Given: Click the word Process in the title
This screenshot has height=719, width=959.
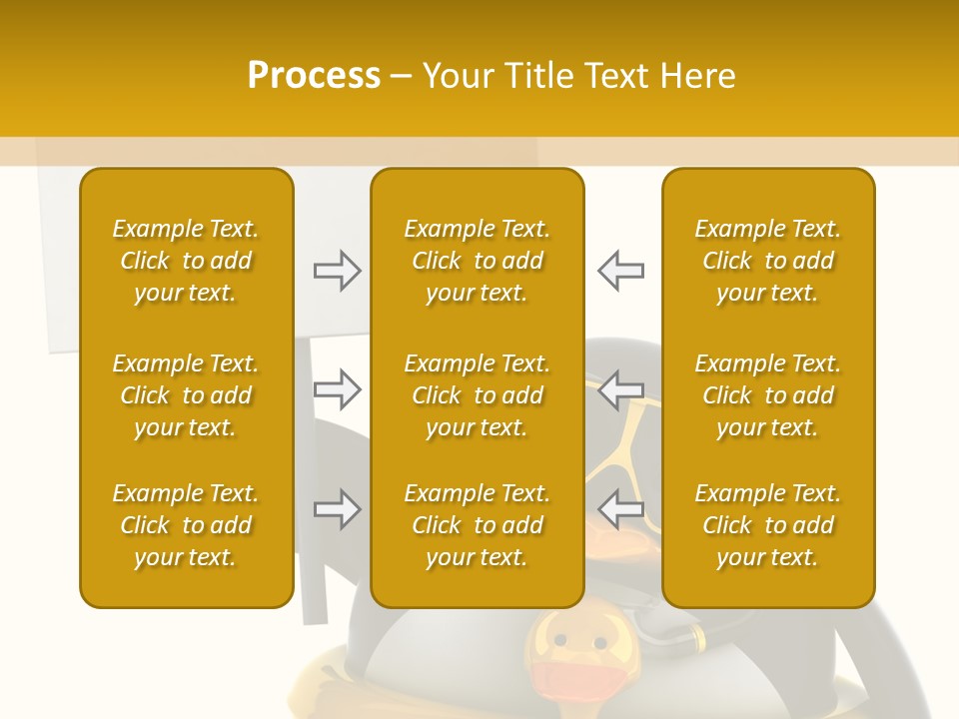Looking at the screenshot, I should coord(314,76).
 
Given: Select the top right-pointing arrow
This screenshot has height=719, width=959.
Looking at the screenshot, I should coord(338,270).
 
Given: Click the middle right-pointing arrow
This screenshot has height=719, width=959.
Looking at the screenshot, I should coord(338,388).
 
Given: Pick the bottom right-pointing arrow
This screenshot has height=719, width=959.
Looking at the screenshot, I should coord(338,510).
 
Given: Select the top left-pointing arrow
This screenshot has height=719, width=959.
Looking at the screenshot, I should coord(620,270).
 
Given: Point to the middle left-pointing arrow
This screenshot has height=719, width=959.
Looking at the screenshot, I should coord(620,388).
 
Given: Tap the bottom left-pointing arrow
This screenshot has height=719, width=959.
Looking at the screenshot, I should coord(620,510).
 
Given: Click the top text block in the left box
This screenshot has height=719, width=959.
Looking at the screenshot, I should coord(186,261).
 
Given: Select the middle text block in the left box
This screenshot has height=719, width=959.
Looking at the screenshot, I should coord(186,395).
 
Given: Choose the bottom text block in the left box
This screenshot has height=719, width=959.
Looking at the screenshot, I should coord(186,525).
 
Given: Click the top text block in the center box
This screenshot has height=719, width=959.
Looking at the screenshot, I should coord(477,261).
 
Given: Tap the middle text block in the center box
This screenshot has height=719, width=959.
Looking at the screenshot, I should coord(477,395).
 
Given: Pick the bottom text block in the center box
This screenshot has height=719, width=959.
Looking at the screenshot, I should coord(477,525).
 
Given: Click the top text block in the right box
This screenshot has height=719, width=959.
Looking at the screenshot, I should coord(767,261).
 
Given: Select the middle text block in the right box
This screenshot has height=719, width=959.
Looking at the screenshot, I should coord(767,395).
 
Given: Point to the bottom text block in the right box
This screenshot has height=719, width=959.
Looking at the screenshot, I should coord(767,525).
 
